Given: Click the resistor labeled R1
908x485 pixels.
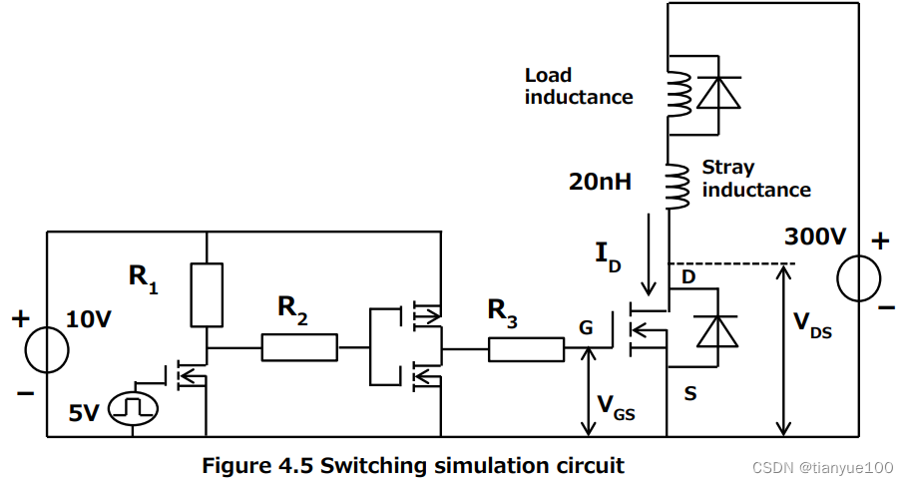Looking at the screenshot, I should click(x=206, y=295).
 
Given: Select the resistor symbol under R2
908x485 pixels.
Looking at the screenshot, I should click(x=299, y=348).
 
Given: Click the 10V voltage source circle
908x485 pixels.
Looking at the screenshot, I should click(x=46, y=349).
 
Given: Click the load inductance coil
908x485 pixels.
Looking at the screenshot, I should click(x=679, y=93).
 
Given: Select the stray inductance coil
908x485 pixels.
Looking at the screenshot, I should click(x=679, y=186).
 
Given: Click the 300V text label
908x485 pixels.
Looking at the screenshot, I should click(x=814, y=238).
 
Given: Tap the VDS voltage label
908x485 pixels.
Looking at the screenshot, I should click(x=814, y=325).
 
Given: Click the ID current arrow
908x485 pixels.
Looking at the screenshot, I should click(x=650, y=254).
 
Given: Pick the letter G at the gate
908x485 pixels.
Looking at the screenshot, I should click(x=586, y=326).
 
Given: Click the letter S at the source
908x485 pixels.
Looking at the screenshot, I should click(x=689, y=393).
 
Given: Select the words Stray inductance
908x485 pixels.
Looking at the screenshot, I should click(x=755, y=179).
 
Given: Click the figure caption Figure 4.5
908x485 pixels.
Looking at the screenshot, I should click(x=413, y=465).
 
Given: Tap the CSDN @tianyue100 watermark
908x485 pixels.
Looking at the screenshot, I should click(x=822, y=467).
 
